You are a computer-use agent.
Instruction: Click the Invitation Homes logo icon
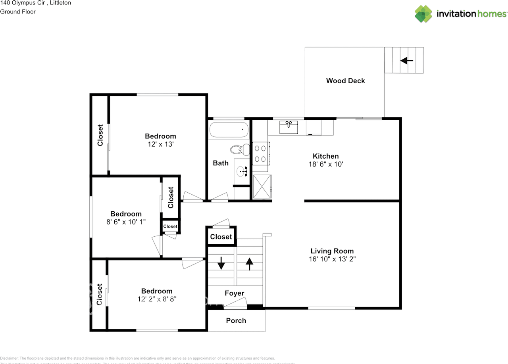423,14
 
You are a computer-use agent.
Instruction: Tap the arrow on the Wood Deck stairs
407,61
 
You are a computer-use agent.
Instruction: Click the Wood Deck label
345,80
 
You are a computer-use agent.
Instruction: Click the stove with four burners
260,153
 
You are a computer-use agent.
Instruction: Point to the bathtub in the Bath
229,129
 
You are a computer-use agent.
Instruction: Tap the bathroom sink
241,172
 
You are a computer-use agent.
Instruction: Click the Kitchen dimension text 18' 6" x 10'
325,164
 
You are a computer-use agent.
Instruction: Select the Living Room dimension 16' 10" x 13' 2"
332,259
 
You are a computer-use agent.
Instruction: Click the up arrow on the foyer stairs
249,264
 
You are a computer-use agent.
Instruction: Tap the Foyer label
234,293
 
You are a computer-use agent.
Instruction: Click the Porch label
236,320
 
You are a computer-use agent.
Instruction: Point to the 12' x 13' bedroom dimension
160,144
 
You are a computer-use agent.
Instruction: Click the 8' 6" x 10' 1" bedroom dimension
126,222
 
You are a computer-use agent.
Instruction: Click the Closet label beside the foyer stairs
221,237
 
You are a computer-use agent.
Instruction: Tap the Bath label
221,163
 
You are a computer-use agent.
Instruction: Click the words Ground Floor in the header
18,11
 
